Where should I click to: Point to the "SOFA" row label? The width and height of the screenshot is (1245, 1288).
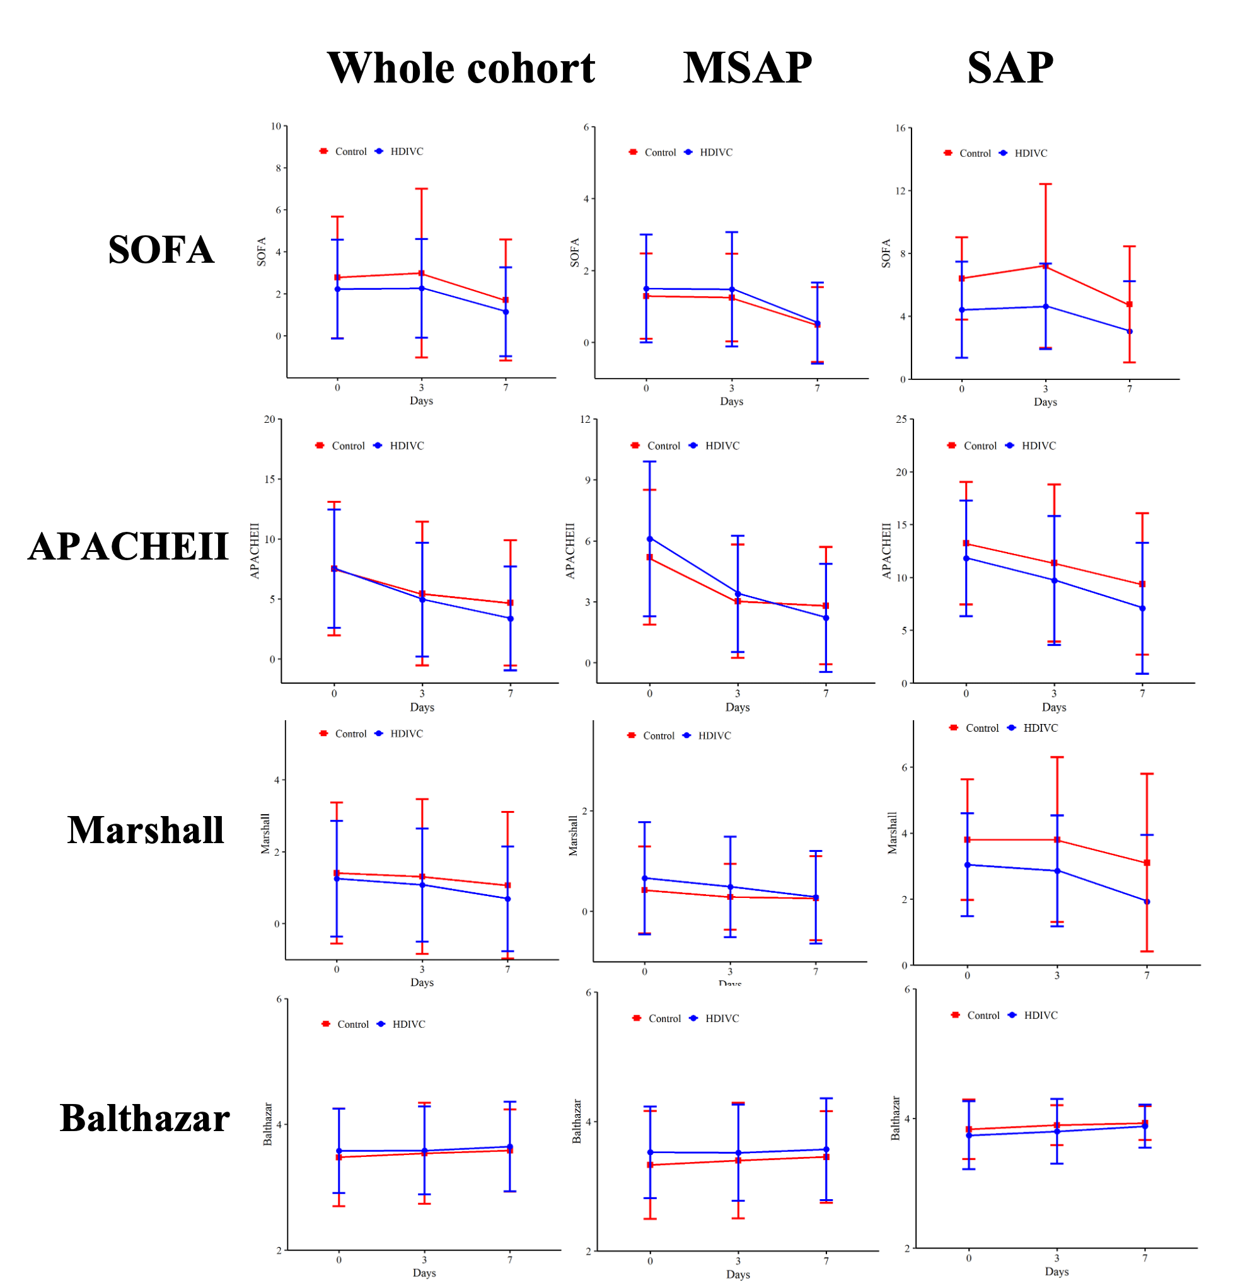point(161,250)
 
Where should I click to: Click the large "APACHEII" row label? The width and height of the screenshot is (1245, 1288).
point(128,546)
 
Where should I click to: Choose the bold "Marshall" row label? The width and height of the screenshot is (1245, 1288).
point(145,829)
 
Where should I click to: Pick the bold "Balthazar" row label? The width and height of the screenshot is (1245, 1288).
point(144,1118)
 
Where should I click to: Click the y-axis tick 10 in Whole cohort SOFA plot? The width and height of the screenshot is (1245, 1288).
point(276,126)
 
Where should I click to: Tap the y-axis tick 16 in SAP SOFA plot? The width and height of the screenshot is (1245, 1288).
point(901,127)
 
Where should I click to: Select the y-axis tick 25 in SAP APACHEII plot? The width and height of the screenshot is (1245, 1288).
point(901,419)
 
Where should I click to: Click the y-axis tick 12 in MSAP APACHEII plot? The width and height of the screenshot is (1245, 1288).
point(585,419)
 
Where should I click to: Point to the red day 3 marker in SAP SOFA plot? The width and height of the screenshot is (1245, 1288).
point(1045,265)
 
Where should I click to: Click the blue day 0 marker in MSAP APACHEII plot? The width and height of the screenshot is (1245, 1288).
point(649,539)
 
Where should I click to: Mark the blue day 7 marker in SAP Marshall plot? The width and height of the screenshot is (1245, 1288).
point(1147,902)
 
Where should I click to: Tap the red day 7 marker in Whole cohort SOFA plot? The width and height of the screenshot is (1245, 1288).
point(506,301)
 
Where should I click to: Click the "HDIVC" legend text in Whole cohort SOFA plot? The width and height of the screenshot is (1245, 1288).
point(407,152)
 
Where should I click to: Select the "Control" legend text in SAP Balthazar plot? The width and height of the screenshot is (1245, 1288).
point(983,1015)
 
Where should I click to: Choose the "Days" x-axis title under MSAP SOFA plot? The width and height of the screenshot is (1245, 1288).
point(732,401)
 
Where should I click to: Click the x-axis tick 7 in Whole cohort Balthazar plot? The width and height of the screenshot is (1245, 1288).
point(509,1260)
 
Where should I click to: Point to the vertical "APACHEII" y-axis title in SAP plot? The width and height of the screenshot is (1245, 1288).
point(887,551)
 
